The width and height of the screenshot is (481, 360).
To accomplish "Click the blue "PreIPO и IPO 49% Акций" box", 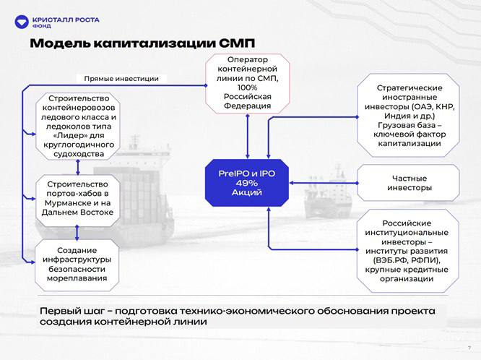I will [x=247, y=182].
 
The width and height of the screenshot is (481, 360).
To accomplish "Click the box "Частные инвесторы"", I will [x=409, y=182].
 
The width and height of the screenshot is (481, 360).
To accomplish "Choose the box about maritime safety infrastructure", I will [x=77, y=263].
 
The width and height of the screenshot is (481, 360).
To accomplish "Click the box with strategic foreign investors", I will [x=408, y=116].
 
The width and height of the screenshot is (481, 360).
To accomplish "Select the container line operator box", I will [x=247, y=82].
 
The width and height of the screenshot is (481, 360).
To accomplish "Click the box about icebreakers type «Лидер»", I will [x=77, y=125].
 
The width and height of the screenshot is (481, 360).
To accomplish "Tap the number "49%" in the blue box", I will [x=247, y=183].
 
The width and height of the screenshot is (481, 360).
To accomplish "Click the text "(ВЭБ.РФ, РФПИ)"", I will [x=408, y=260].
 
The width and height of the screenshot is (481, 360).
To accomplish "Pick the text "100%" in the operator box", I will [x=247, y=86].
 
